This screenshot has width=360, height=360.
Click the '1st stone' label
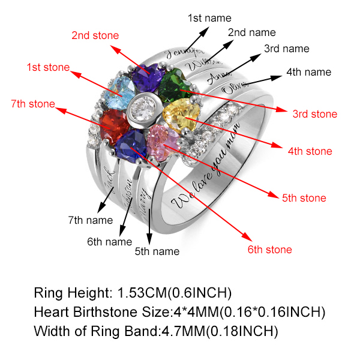(48, 68)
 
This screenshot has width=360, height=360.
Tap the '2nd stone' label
(95, 35)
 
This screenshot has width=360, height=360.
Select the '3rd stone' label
(314, 113)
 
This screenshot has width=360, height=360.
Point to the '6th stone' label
(269, 250)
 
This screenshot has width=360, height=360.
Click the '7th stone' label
(32, 104)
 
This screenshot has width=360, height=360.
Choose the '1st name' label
(209, 19)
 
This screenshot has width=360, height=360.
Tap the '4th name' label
(308, 72)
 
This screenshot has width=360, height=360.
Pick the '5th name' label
(157, 251)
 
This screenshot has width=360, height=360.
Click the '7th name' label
(90, 221)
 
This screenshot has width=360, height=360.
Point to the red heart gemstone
(113, 126)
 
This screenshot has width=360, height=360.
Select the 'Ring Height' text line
(133, 293)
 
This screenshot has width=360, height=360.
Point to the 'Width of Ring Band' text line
(156, 331)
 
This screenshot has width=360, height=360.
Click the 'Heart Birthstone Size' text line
(180, 312)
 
